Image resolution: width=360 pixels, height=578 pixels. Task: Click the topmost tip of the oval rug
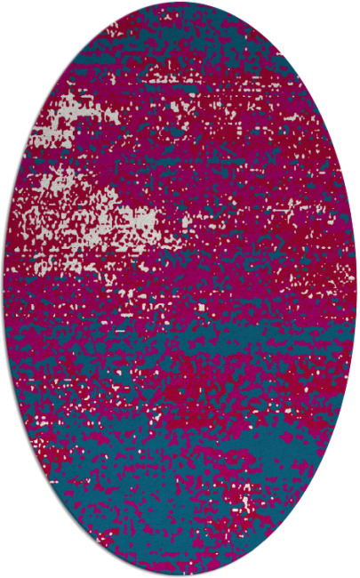(x=180, y=2)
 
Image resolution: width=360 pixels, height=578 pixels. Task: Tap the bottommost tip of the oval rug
(x=180, y=575)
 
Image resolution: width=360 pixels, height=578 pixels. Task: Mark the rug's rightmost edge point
(x=356, y=289)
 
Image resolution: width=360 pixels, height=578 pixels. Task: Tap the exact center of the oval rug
(x=180, y=289)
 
